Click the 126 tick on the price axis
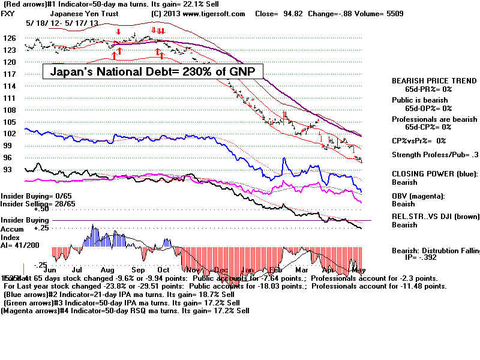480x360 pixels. [9, 38]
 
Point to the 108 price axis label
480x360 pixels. [9, 110]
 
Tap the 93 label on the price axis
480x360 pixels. [8, 170]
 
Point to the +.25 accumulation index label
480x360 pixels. [41, 229]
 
